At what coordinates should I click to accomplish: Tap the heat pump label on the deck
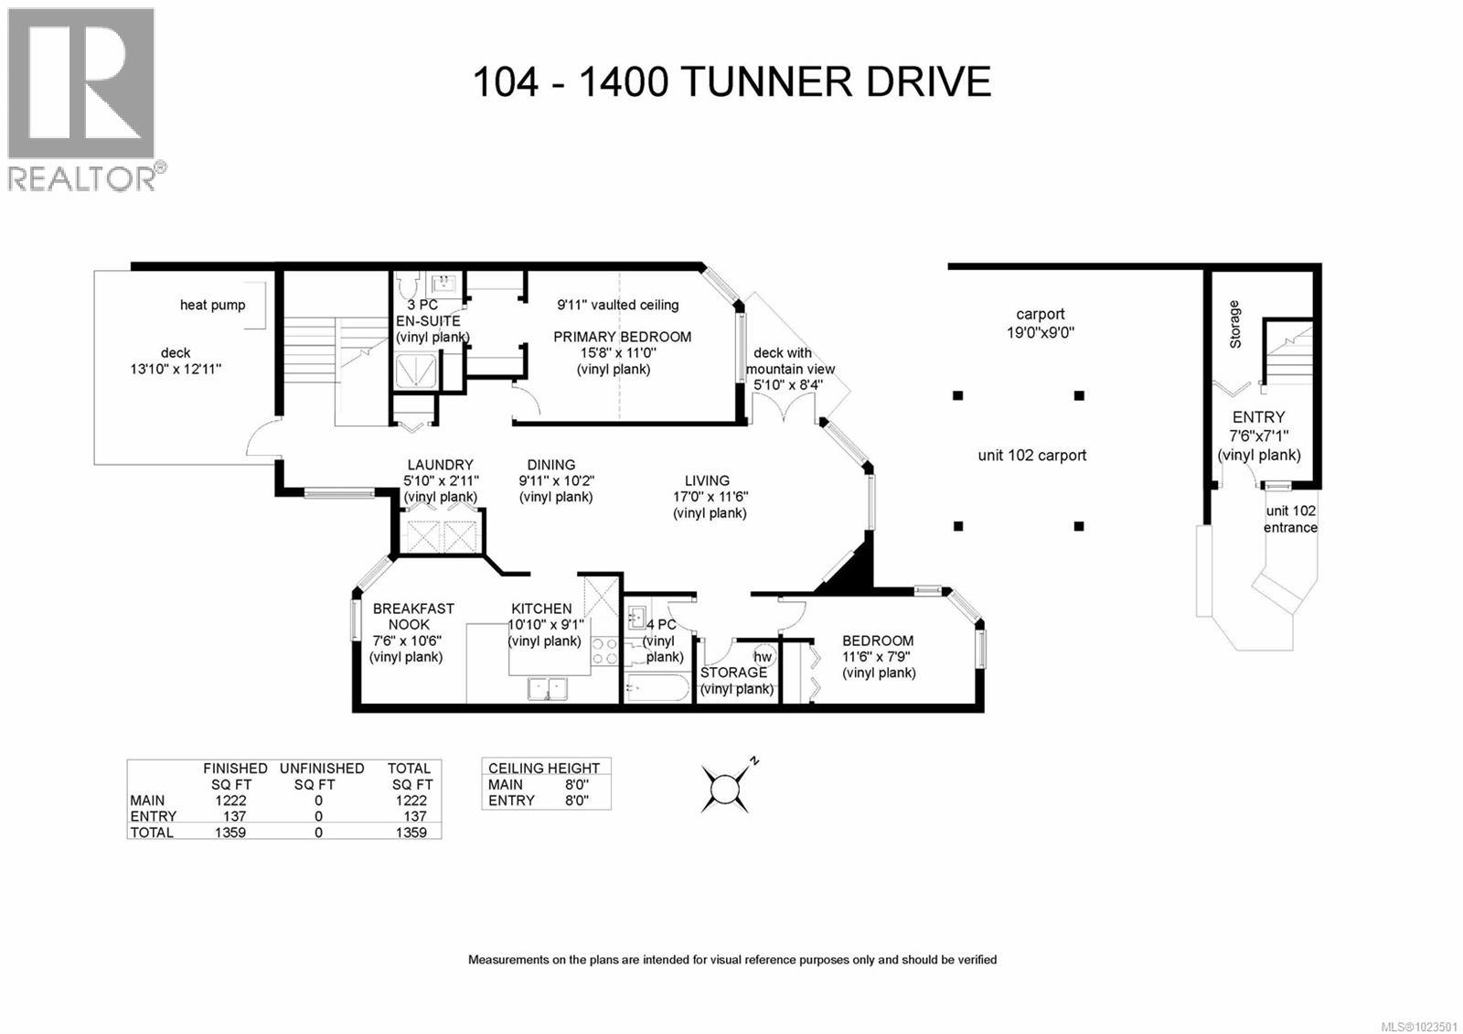coord(212,305)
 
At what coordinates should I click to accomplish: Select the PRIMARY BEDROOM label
coord(622,337)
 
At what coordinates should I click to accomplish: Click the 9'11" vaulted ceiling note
coord(618,305)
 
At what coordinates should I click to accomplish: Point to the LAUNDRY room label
coord(440,465)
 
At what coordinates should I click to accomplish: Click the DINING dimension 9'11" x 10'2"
coord(556,480)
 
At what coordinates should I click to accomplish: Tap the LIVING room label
coord(707,480)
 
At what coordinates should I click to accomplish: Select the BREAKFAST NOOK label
coord(412,616)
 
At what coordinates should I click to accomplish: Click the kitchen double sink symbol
coord(548,687)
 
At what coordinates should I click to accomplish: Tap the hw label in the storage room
coord(763,656)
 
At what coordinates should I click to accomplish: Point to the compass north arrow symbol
coord(727,786)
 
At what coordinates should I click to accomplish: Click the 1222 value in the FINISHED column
coord(230,800)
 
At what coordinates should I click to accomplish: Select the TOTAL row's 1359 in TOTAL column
coord(411,832)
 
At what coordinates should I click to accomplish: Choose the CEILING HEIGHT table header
coord(544,768)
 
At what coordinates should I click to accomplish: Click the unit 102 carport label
coord(1031,455)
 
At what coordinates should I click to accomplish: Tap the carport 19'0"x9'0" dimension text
coord(1040,333)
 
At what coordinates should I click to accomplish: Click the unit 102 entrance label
coord(1290,519)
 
